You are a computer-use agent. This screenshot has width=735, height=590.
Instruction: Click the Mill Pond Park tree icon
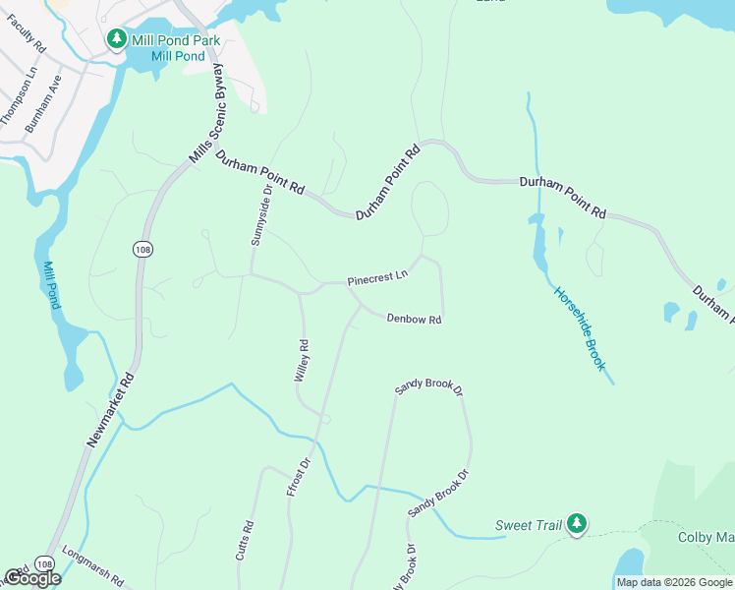tap(116, 39)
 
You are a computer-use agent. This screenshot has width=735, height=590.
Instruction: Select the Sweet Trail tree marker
tap(578, 524)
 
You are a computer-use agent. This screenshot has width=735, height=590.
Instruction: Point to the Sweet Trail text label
tap(529, 525)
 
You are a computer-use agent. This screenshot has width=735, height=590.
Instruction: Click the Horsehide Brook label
tap(579, 327)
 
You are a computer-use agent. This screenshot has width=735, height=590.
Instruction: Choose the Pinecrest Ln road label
tap(376, 280)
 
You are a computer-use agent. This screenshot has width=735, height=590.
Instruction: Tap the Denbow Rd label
tap(414, 319)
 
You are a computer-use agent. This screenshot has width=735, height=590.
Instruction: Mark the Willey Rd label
tap(303, 361)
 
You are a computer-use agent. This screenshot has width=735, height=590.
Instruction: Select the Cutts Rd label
tap(245, 541)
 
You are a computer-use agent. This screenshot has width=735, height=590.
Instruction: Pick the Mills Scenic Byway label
tap(207, 111)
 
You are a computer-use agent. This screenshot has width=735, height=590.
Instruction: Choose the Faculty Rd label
tap(28, 33)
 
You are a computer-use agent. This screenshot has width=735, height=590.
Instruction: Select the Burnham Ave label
tap(43, 103)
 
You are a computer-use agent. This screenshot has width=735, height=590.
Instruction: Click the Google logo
tap(31, 578)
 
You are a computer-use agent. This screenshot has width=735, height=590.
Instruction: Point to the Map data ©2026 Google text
tap(674, 582)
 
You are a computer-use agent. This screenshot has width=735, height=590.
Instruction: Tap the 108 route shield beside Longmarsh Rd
tap(43, 563)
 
